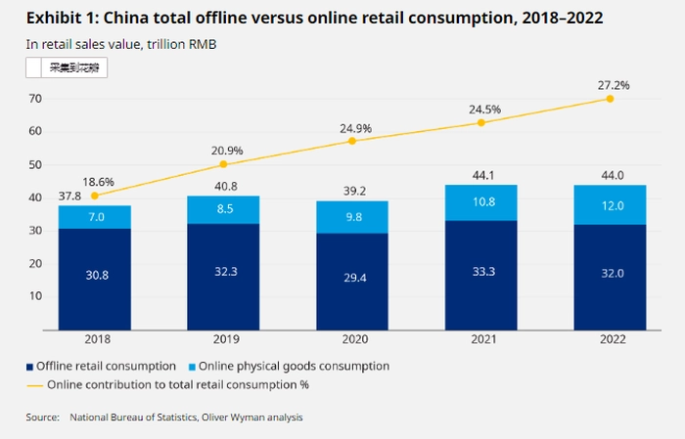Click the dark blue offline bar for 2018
coord(94,279)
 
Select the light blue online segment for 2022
coord(610,205)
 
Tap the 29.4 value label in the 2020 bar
coord(352,278)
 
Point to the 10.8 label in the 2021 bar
coord(481,202)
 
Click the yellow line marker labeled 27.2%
coord(610,98)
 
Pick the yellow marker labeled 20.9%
coord(223,164)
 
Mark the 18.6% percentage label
coord(99,182)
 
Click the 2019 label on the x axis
coord(223,340)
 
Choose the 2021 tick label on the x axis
coord(481,340)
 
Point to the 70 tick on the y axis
coord(34,98)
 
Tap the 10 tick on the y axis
coord(34,296)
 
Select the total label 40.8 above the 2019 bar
coord(223,186)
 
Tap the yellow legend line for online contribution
coord(33,384)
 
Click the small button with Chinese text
coord(67,67)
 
